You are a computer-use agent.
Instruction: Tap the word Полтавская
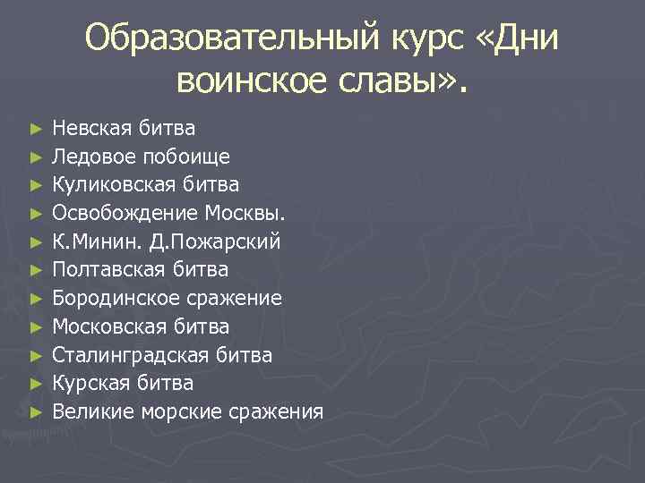(105, 269)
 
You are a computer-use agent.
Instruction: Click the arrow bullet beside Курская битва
(35, 384)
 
